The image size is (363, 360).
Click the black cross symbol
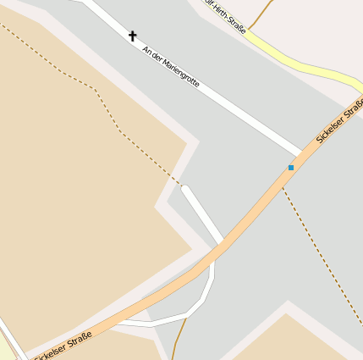pyautogui.click(x=132, y=36)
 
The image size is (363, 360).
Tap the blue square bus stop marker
pyautogui.click(x=291, y=168)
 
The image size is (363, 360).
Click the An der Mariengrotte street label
pyautogui.click(x=171, y=67)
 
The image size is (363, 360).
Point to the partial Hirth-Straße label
pyautogui.click(x=227, y=16)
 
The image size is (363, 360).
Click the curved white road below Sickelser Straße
pyautogui.click(x=200, y=305)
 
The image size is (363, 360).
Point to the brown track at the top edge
pyautogui.click(x=264, y=10)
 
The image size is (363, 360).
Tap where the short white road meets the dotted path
pyautogui.click(x=184, y=186)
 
